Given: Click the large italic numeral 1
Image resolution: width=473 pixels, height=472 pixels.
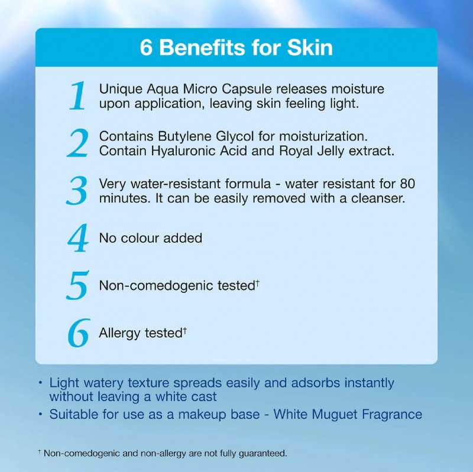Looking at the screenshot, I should pyautogui.click(x=78, y=96).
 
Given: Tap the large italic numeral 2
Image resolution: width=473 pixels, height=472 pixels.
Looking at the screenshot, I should pyautogui.click(x=77, y=144).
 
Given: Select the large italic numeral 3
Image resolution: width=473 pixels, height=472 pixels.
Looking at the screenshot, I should pyautogui.click(x=77, y=191).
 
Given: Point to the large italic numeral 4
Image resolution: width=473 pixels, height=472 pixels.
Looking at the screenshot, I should pyautogui.click(x=77, y=238).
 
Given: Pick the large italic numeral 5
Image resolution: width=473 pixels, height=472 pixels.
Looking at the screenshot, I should pyautogui.click(x=77, y=286).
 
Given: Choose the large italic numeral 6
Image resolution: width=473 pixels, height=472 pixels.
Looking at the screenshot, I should pyautogui.click(x=78, y=333).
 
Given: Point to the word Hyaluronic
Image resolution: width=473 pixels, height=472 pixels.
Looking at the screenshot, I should pyautogui.click(x=182, y=151).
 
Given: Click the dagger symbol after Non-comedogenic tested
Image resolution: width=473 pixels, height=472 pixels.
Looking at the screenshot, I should pyautogui.click(x=258, y=284).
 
